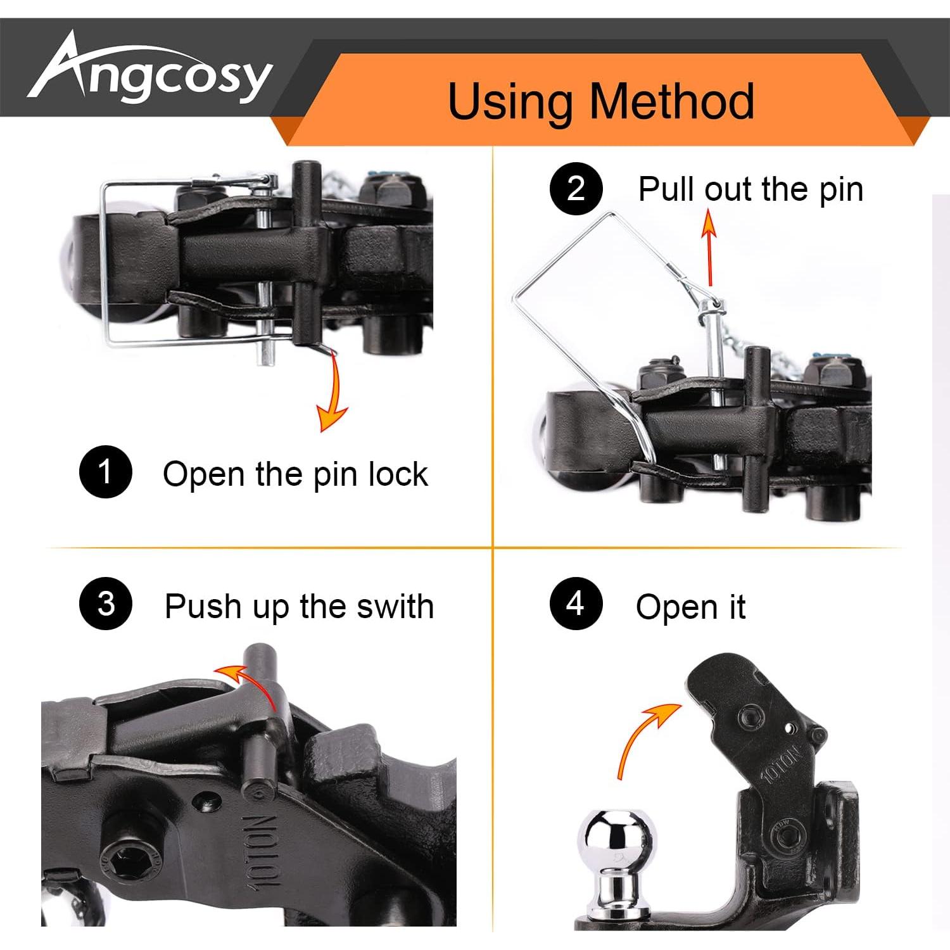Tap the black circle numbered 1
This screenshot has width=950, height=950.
105,472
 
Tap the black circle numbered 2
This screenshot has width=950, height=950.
576,189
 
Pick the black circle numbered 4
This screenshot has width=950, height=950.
575,604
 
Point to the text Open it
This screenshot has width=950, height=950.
690,607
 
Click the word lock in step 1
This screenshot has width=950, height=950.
398,474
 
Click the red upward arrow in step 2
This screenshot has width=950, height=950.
709,247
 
